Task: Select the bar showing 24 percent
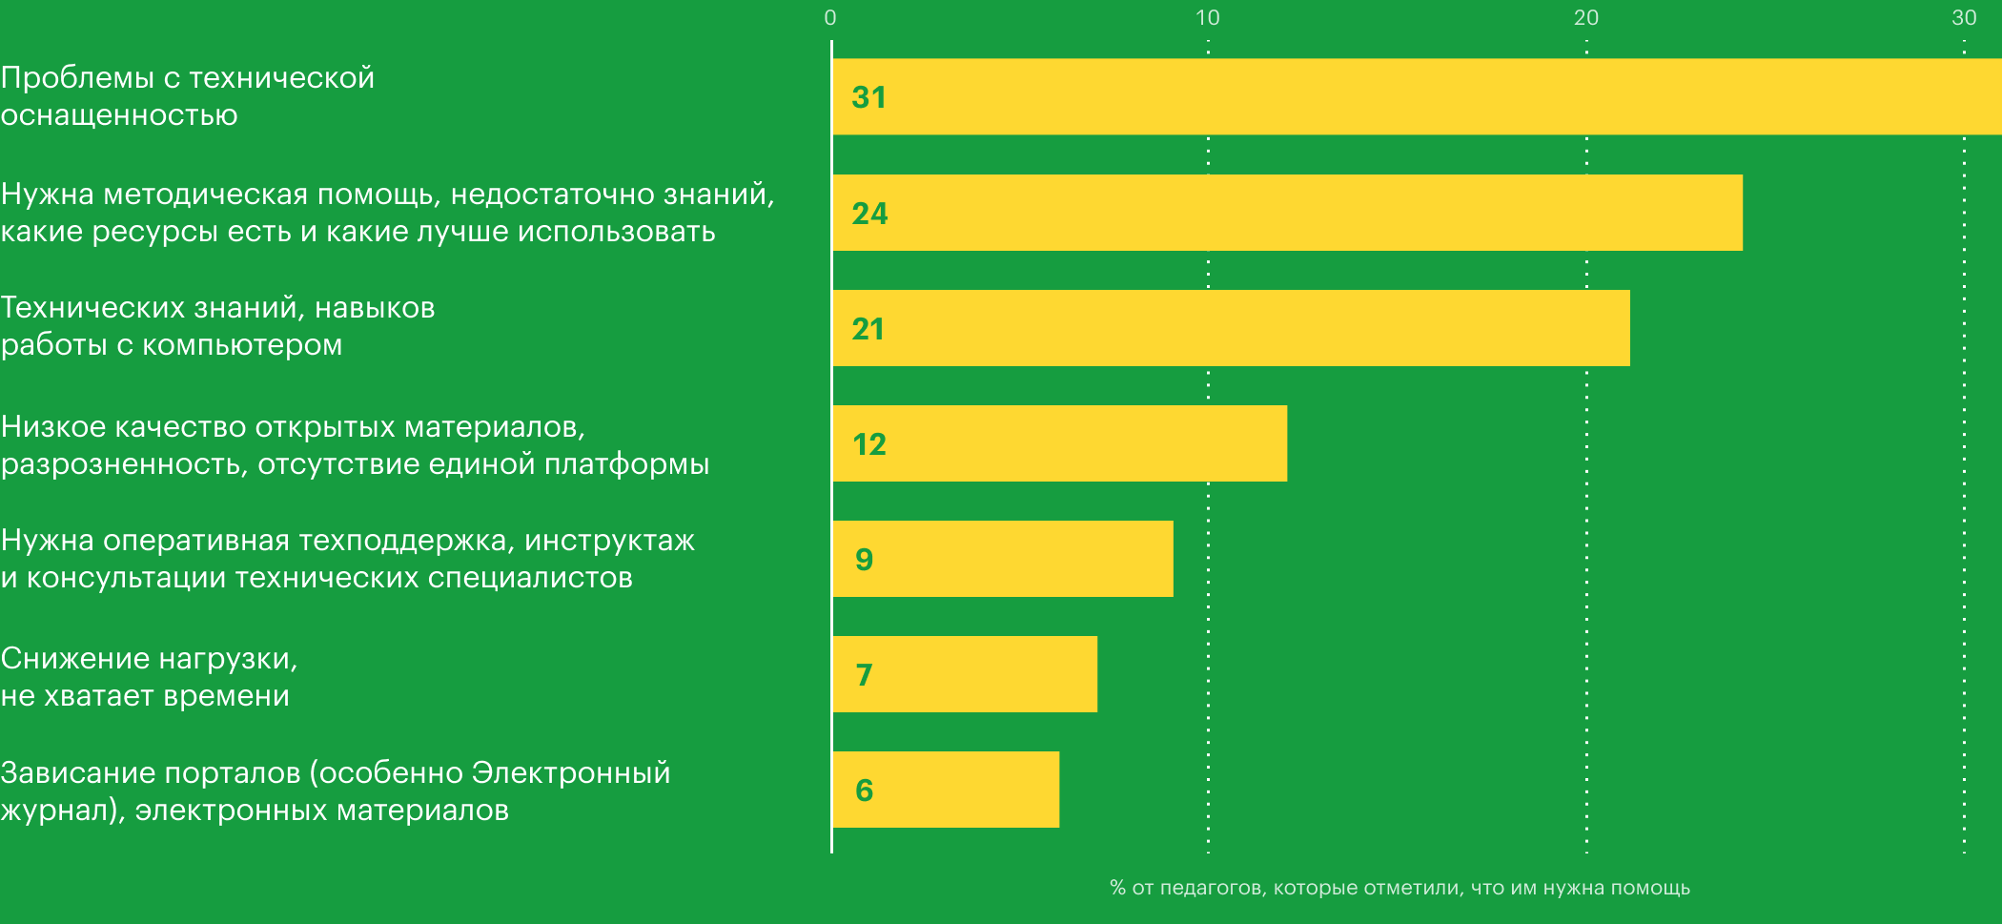(x=1287, y=213)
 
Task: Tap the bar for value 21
(x=1230, y=328)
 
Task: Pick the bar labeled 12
(x=1058, y=443)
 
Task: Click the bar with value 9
(x=1001, y=559)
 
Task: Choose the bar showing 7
(x=963, y=674)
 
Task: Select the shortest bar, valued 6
(x=944, y=790)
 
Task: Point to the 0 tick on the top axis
(x=830, y=17)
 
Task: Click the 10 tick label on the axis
(x=1207, y=17)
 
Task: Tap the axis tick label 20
(x=1586, y=17)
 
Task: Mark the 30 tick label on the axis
(x=1964, y=17)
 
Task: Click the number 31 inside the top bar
(x=868, y=97)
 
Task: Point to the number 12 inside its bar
(x=868, y=444)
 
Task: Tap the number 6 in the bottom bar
(x=864, y=791)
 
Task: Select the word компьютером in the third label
(x=242, y=345)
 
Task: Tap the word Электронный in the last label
(x=570, y=773)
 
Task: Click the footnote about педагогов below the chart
(x=1399, y=888)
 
